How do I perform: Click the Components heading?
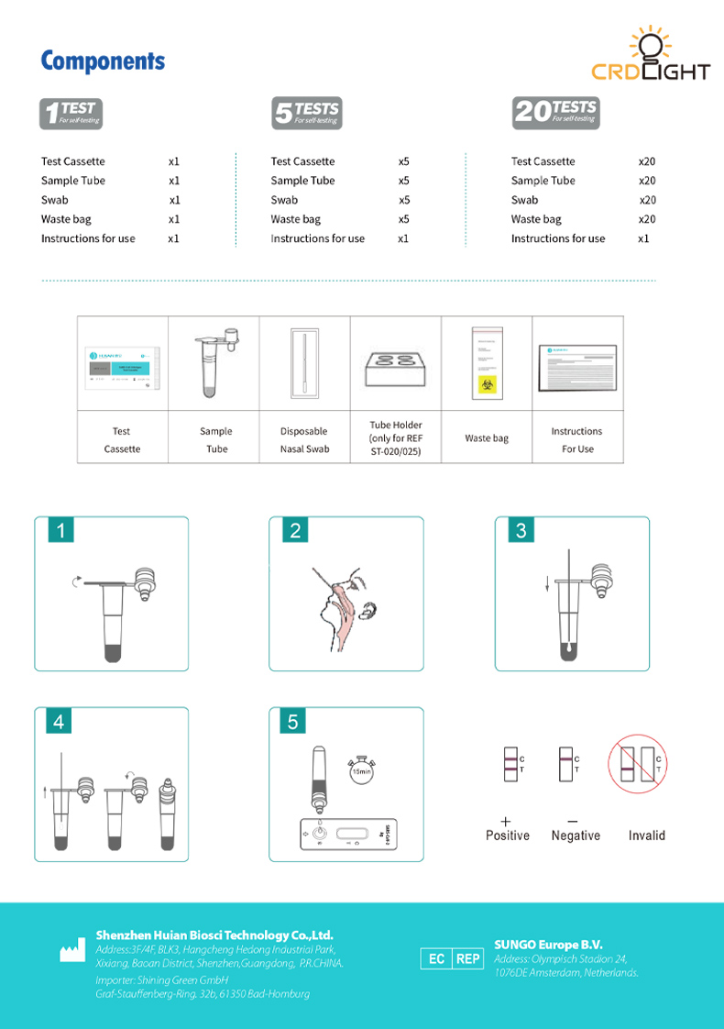[x=103, y=61]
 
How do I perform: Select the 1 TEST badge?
[x=71, y=113]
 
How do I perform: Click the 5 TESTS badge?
[x=306, y=113]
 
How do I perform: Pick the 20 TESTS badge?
[x=555, y=113]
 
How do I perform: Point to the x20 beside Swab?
[x=647, y=200]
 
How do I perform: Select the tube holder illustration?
[x=395, y=365]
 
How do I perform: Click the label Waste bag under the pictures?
[x=486, y=438]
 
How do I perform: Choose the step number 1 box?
[x=61, y=531]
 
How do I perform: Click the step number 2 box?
[x=295, y=531]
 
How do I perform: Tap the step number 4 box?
[x=60, y=722]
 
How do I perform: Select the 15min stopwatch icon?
[x=361, y=769]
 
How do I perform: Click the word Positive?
[x=507, y=835]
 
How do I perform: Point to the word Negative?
[x=576, y=835]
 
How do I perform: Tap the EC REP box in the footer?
[x=452, y=958]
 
